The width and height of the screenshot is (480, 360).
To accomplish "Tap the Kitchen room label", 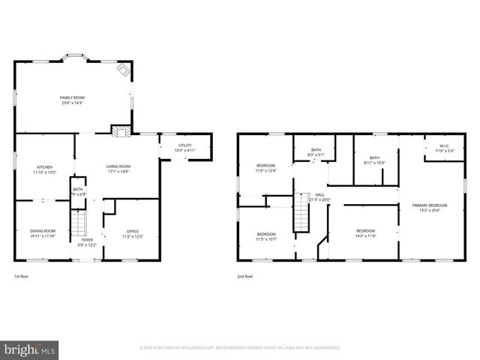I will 44,169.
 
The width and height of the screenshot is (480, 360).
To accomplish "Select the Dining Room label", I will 43,233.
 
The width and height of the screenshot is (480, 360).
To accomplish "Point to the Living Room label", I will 118,169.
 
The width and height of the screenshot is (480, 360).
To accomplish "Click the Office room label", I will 132,233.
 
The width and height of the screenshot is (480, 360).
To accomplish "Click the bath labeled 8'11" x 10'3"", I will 373,160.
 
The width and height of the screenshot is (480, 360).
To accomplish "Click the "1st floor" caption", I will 22,277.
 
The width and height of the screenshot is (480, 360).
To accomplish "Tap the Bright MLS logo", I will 30,349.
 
